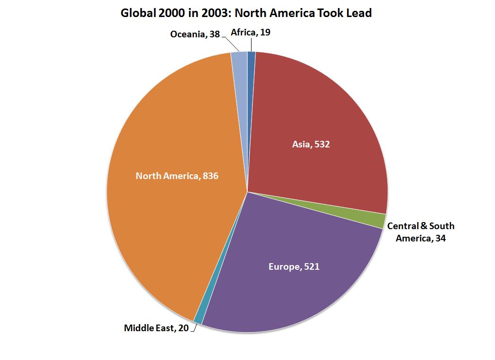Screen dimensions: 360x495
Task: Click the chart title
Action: [246, 13]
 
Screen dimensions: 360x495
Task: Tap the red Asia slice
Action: [321, 118]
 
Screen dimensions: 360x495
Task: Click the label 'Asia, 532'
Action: [311, 144]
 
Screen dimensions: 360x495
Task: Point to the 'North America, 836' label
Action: [177, 176]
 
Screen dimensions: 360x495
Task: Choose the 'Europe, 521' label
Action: [294, 267]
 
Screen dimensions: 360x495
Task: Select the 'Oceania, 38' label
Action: [195, 34]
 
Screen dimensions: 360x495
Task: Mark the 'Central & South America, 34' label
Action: [420, 232]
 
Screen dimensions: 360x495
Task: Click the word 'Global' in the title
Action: [138, 13]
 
